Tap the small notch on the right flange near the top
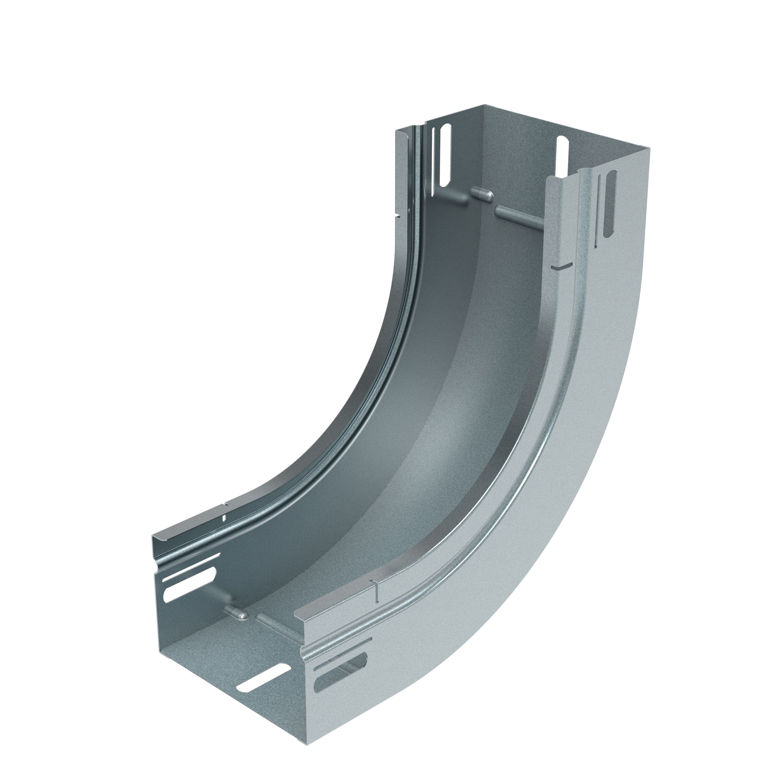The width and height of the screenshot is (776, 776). click(560, 266)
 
